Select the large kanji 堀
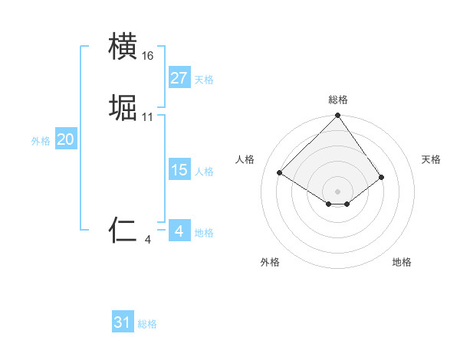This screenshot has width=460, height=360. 123,107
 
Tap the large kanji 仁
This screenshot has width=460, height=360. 123,230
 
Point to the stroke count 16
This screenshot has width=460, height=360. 148,56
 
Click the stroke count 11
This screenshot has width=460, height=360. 148,117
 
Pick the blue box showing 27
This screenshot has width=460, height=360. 179,78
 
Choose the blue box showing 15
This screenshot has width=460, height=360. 179,170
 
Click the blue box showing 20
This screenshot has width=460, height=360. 66,139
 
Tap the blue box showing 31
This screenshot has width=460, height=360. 123,322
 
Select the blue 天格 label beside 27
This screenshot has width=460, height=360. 204,80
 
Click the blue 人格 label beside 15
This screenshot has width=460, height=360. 204,172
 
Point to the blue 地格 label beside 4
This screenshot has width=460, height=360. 204,233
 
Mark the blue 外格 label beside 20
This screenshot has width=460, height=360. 41,141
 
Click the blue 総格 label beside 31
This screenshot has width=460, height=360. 147,324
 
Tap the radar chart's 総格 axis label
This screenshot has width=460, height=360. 337,100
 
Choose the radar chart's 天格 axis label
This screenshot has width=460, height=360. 431,159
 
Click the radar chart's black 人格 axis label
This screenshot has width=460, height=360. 245,159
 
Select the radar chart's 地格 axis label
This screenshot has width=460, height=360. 402,262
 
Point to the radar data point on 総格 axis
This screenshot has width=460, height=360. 337,116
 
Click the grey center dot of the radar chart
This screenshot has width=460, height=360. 337,191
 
